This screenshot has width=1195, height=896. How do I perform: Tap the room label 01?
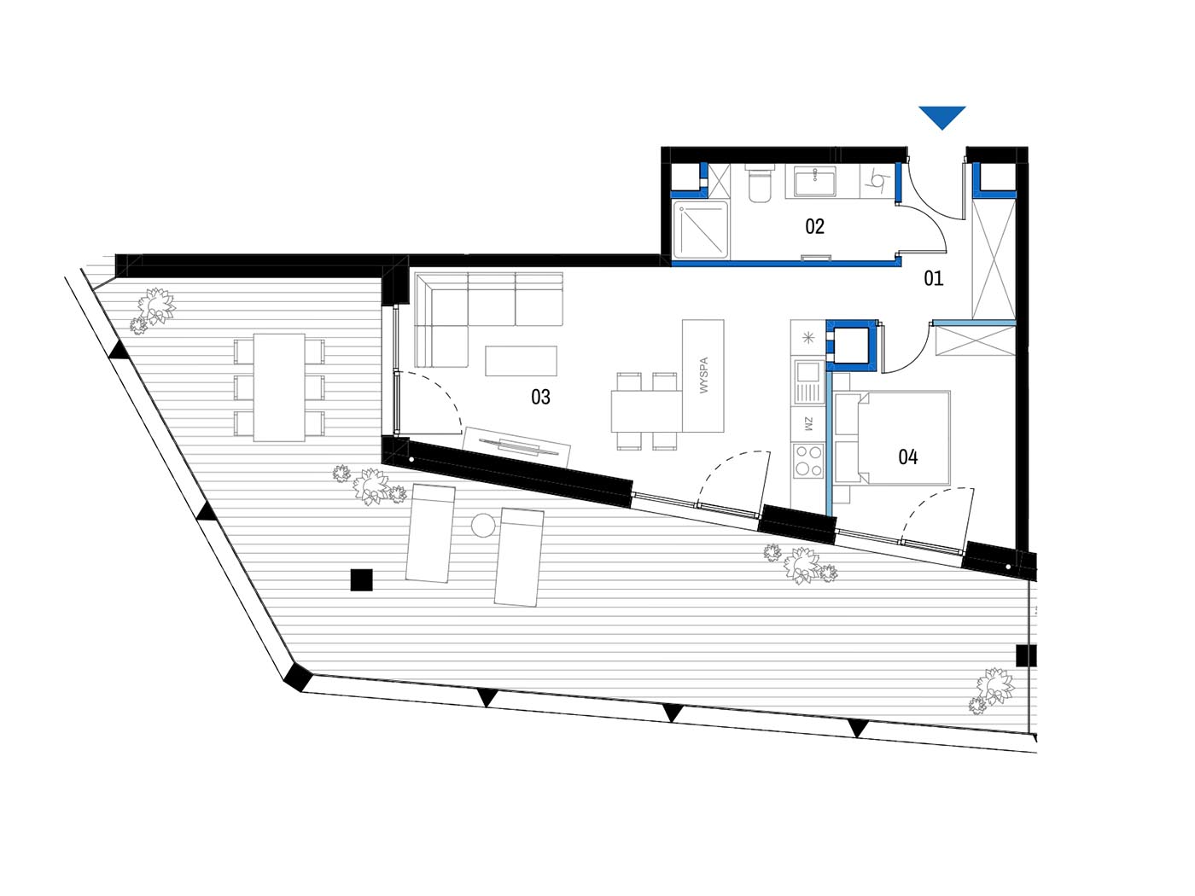(933, 278)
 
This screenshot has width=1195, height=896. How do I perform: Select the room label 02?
(814, 226)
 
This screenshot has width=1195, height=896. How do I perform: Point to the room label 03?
(540, 397)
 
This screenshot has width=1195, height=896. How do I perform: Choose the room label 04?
(908, 457)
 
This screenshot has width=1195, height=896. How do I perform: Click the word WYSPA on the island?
(704, 375)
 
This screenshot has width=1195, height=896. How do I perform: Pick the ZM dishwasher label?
(808, 423)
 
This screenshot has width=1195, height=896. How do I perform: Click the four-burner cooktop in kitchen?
(808, 462)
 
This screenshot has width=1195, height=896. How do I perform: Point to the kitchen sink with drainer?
(808, 381)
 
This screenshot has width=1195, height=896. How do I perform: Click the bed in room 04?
(892, 438)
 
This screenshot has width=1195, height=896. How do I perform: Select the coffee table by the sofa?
(521, 361)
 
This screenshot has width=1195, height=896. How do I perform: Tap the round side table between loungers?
(483, 526)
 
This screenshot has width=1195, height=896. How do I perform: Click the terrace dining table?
(279, 387)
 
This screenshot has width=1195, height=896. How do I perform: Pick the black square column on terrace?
(362, 580)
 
